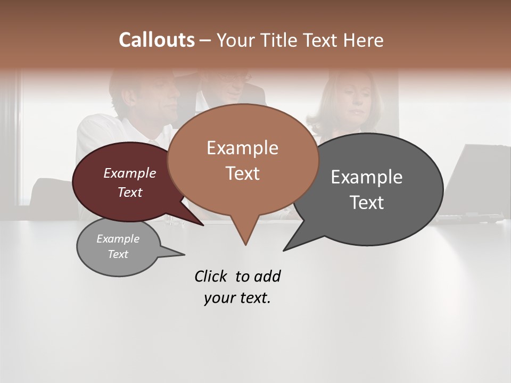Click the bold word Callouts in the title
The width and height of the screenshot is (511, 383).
(x=156, y=40)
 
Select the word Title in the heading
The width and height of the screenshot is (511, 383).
(x=281, y=40)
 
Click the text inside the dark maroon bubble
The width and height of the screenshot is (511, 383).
(x=130, y=182)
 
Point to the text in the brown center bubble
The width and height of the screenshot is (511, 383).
(x=243, y=160)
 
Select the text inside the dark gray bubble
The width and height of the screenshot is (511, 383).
(x=367, y=189)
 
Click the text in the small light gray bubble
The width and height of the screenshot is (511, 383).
(x=118, y=246)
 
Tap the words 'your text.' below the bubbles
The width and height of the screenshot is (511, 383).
(x=237, y=298)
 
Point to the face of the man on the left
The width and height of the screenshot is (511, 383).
(x=160, y=96)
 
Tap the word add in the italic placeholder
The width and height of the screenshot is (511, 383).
(x=267, y=276)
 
